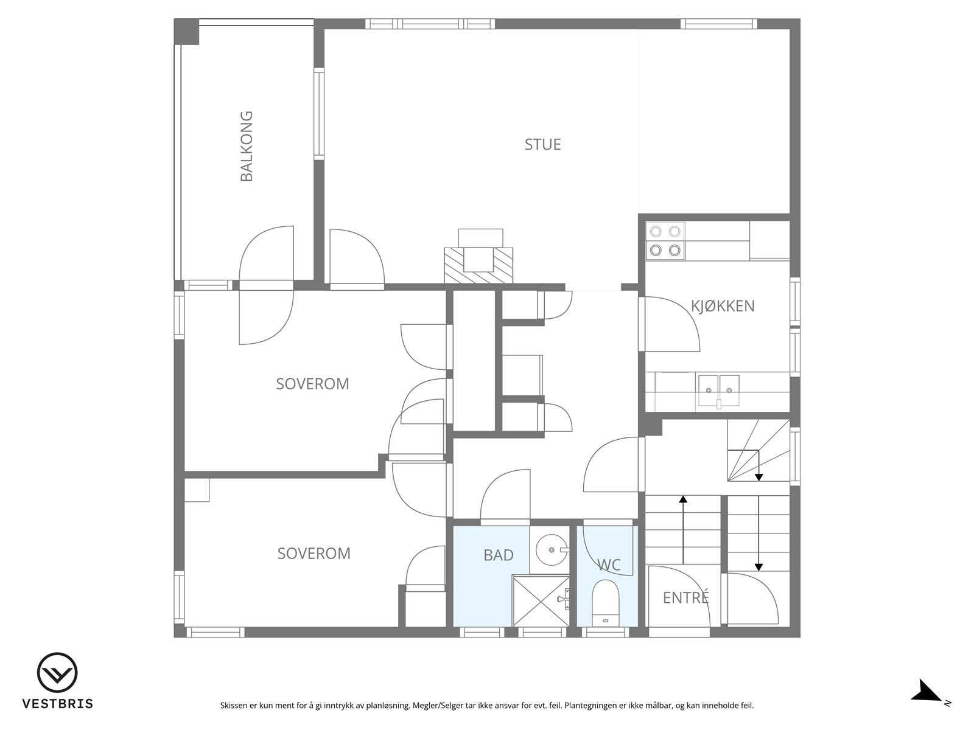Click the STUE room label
point(542,145)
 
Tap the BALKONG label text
point(247,146)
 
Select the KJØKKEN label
point(723,306)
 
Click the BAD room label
point(499,555)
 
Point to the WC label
point(609,565)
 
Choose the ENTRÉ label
point(685,597)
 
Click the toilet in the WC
point(605,603)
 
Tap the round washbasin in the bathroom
point(552,549)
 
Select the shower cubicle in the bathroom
point(541,600)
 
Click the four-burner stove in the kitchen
point(665,241)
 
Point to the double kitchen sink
point(719,391)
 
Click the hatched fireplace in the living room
point(479,265)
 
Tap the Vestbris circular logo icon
point(57,673)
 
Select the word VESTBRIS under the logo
point(58,703)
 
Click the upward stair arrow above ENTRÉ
point(683,530)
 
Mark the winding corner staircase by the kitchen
point(759,450)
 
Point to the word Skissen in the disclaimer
point(235,705)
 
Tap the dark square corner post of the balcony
point(186,32)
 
